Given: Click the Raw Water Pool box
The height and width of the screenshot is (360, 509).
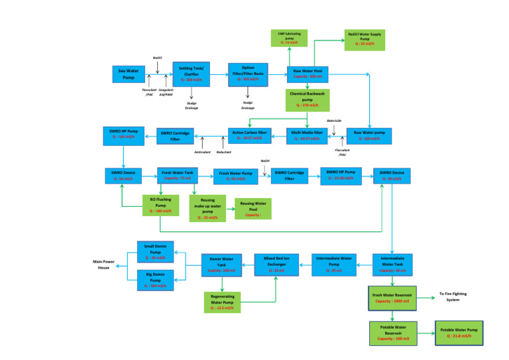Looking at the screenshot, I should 307,74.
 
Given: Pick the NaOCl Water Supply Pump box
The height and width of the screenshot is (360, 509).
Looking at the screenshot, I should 365,39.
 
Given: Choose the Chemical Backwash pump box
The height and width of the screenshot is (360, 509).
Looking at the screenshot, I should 307,99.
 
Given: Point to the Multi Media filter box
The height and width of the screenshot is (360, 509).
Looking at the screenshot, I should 307,135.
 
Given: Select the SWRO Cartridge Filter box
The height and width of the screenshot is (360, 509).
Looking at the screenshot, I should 175,135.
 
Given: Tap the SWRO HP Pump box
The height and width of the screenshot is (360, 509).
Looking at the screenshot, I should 121,134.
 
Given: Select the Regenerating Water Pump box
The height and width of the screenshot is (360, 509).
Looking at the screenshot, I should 222,302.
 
